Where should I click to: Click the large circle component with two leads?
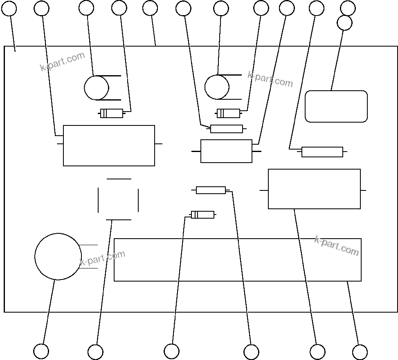coord(58,257)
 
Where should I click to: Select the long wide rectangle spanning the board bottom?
coord(237,260)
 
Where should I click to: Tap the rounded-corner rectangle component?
coord(336,106)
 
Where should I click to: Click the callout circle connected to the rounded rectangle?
coord(344,23)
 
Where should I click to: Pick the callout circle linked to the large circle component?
coord(41,351)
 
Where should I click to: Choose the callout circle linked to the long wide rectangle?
coord(360,352)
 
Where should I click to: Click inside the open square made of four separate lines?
coord(118,199)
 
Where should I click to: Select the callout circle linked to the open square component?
coord(95,352)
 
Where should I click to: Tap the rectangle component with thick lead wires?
coord(226,151)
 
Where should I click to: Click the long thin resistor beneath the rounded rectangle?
coord(322,152)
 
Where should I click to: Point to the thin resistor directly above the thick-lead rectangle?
coord(227,129)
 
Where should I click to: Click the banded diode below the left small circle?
coord(112,113)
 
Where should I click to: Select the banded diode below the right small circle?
coord(228,113)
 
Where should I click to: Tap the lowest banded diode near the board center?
coord(202,215)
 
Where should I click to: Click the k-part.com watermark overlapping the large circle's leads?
coord(102,258)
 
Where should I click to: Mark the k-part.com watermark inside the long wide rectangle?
coord(336,246)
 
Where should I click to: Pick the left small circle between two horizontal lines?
coord(97,88)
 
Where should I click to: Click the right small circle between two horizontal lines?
coord(217,87)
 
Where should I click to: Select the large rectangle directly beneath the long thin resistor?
coord(314,189)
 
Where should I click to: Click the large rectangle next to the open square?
coord(109,145)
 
